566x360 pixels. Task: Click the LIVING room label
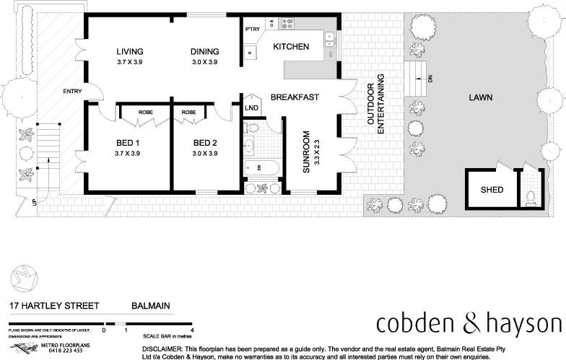point(130,51)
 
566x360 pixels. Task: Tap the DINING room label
point(204,51)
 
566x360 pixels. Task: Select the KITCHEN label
point(291,47)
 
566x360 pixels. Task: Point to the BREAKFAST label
point(295,97)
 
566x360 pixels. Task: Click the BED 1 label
point(127,142)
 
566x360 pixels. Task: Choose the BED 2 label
point(205,142)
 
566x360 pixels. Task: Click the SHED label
point(492,190)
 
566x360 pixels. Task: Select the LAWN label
point(481,97)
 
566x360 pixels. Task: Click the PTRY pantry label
point(252,30)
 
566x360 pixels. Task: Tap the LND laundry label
point(251,108)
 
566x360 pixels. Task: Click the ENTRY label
point(72,91)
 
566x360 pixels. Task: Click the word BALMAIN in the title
point(151,306)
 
